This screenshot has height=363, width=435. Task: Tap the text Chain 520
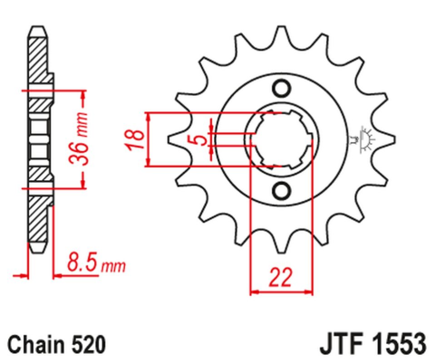point(57,344)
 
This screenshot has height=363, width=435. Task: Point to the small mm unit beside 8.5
point(113,268)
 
